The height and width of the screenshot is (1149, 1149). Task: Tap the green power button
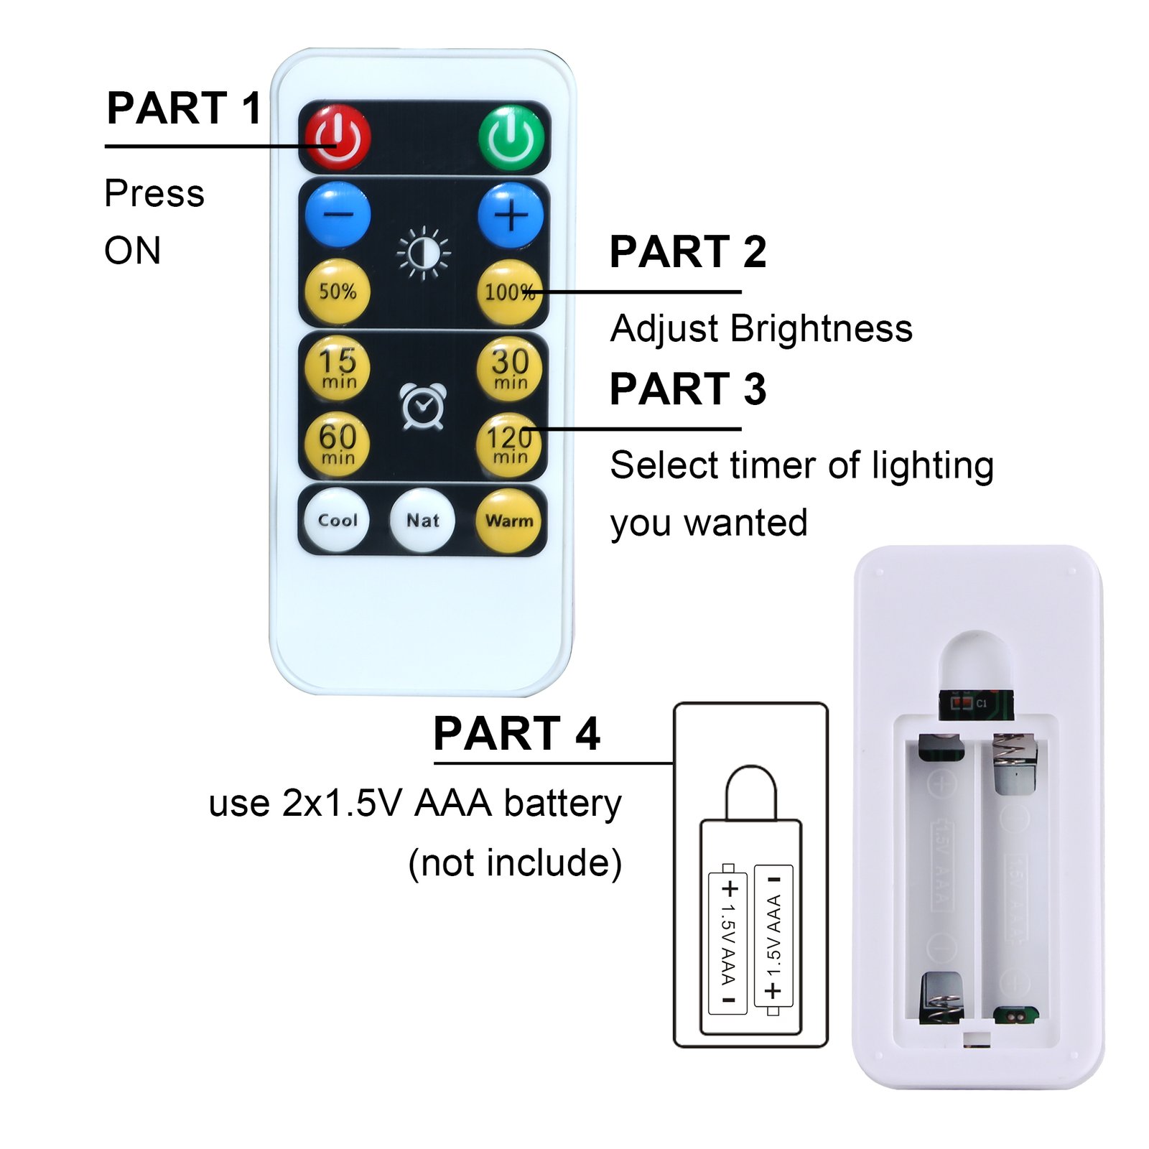click(511, 137)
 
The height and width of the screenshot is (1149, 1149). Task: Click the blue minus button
click(338, 215)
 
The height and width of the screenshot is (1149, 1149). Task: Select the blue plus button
click(511, 215)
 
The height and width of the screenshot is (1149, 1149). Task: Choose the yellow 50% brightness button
click(338, 291)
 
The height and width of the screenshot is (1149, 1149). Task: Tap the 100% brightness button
click(509, 292)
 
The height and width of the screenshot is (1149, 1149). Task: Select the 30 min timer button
click(510, 368)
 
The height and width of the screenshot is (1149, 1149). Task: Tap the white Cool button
click(337, 520)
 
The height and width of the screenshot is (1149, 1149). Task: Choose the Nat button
click(422, 520)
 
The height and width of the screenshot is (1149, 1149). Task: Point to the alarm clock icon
click(423, 406)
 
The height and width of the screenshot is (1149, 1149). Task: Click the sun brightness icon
click(424, 253)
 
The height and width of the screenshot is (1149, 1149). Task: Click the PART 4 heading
click(516, 733)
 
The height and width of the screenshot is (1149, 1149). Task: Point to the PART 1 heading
click(184, 108)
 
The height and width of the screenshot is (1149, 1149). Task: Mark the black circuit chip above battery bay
click(975, 703)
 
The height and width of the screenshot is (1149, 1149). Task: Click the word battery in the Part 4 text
click(562, 804)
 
